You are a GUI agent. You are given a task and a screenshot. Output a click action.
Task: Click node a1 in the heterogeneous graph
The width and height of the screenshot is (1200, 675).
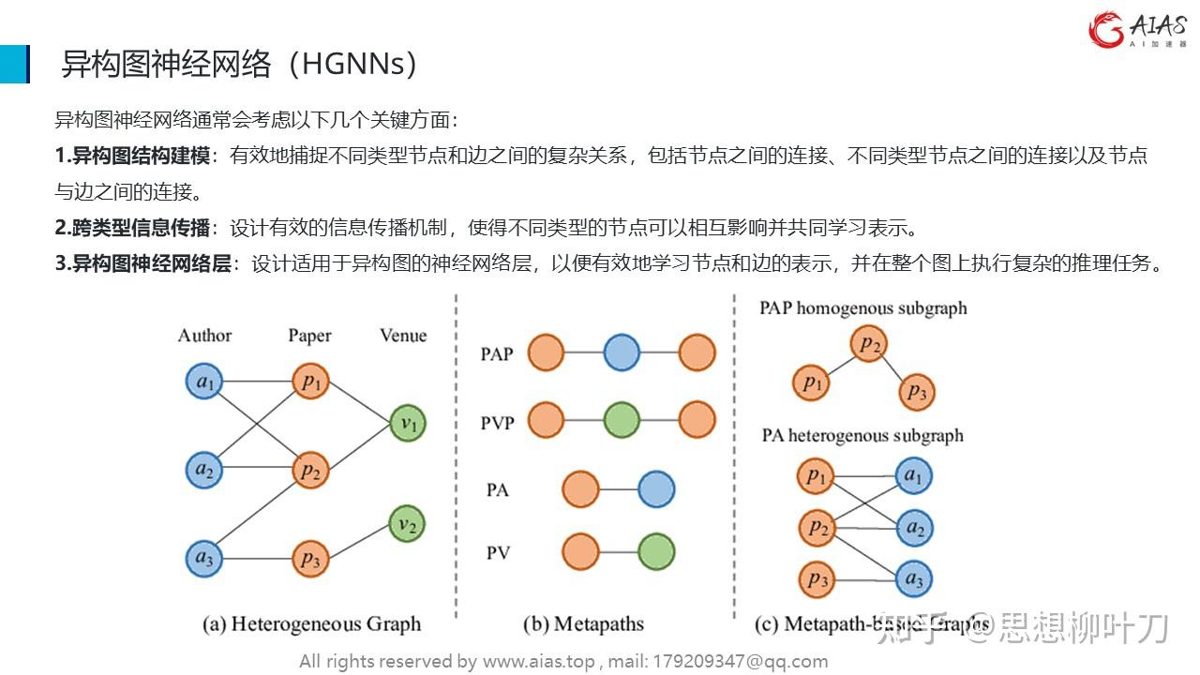pyautogui.click(x=203, y=382)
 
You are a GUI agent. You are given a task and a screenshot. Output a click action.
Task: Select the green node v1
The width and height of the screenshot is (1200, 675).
pyautogui.click(x=409, y=423)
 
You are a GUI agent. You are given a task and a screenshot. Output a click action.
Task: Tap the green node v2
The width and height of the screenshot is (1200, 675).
pyautogui.click(x=407, y=524)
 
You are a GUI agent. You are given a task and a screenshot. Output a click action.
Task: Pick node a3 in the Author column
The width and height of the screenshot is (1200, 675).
pyautogui.click(x=203, y=559)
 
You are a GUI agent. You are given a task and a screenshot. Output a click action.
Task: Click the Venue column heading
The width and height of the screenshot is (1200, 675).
pyautogui.click(x=403, y=336)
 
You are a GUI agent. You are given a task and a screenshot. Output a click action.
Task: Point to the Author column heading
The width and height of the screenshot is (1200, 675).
pyautogui.click(x=204, y=336)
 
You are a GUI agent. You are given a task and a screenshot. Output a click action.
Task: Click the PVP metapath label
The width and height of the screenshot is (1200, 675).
pyautogui.click(x=497, y=423)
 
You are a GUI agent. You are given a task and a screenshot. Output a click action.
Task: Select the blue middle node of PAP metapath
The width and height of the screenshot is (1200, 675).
pyautogui.click(x=622, y=353)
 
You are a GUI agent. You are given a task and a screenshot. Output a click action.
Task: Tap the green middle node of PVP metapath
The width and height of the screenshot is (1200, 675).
pyautogui.click(x=622, y=420)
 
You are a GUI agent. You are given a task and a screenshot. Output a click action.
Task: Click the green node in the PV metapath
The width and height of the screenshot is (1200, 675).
pyautogui.click(x=656, y=552)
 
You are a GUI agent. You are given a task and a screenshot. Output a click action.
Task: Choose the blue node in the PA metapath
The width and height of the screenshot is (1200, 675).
pyautogui.click(x=656, y=488)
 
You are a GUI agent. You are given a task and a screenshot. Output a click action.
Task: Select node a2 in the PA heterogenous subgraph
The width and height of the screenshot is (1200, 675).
pyautogui.click(x=914, y=529)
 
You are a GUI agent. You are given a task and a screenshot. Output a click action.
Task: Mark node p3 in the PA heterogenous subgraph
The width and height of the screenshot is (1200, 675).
pyautogui.click(x=817, y=579)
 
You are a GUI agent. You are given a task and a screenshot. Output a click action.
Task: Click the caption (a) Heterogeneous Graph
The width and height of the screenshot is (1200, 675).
pyautogui.click(x=312, y=623)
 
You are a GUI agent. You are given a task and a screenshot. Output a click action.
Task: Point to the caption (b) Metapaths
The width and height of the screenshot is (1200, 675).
pyautogui.click(x=583, y=623)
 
